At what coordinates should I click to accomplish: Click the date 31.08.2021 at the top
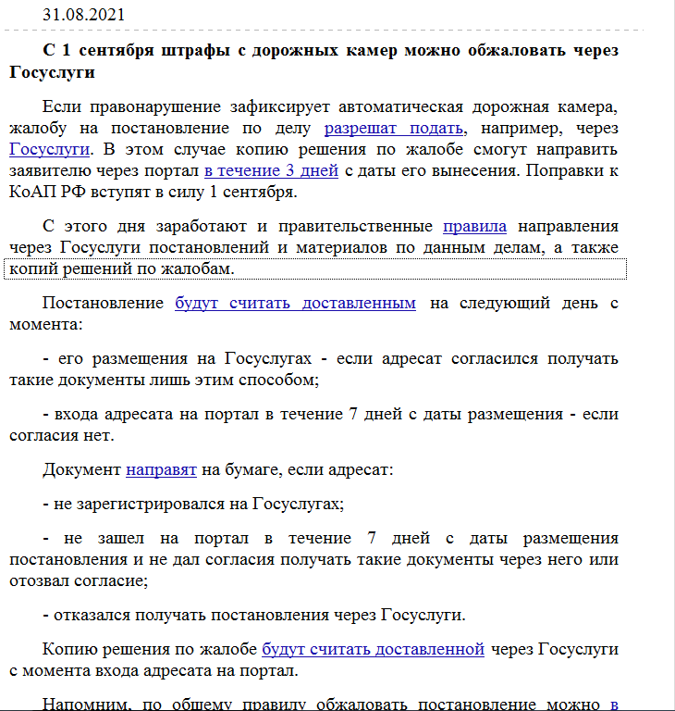(84, 15)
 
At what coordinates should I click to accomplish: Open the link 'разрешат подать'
(393, 128)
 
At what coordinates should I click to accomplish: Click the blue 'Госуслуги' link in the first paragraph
(49, 149)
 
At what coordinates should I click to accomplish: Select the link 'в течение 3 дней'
(271, 170)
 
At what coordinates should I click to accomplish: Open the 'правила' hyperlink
(474, 226)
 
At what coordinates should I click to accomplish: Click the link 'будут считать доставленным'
(295, 303)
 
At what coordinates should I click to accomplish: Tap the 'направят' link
(161, 469)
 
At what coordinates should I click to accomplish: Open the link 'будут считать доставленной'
(373, 648)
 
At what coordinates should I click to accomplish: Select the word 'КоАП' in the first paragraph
(33, 192)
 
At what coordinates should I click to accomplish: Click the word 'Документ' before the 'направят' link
(81, 469)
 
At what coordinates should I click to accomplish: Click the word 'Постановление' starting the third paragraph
(104, 303)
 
